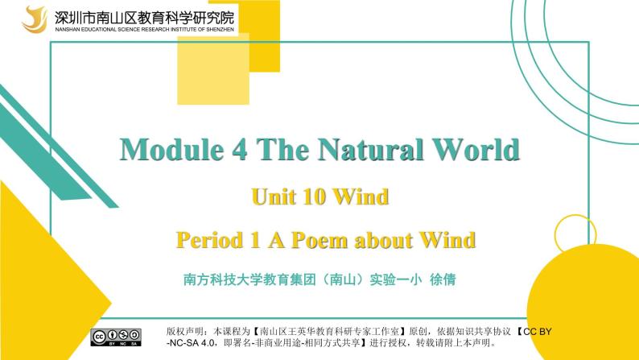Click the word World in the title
coord(478,150)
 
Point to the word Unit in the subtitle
coord(273,197)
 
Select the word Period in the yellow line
coord(208,240)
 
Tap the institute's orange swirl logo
coord(35,17)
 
